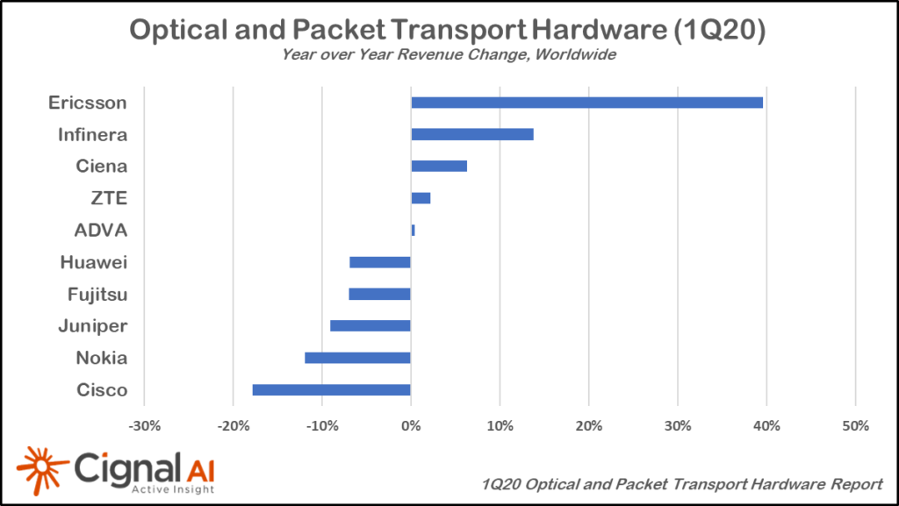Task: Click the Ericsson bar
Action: click(x=586, y=103)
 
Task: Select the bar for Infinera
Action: click(x=471, y=134)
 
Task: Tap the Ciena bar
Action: click(x=439, y=166)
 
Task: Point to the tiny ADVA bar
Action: click(x=413, y=230)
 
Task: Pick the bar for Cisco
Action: click(x=331, y=389)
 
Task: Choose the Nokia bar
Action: click(x=357, y=358)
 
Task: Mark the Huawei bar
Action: click(x=379, y=262)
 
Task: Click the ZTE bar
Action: click(x=421, y=198)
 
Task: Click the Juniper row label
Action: click(x=93, y=326)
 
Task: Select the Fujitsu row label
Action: click(x=97, y=294)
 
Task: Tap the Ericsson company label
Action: click(x=88, y=103)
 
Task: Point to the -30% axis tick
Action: click(x=144, y=426)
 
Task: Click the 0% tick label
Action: click(x=411, y=426)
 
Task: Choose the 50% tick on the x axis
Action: click(x=855, y=426)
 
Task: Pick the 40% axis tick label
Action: click(x=766, y=426)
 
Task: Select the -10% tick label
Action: click(x=321, y=426)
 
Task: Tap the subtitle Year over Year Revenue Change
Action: click(x=449, y=54)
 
